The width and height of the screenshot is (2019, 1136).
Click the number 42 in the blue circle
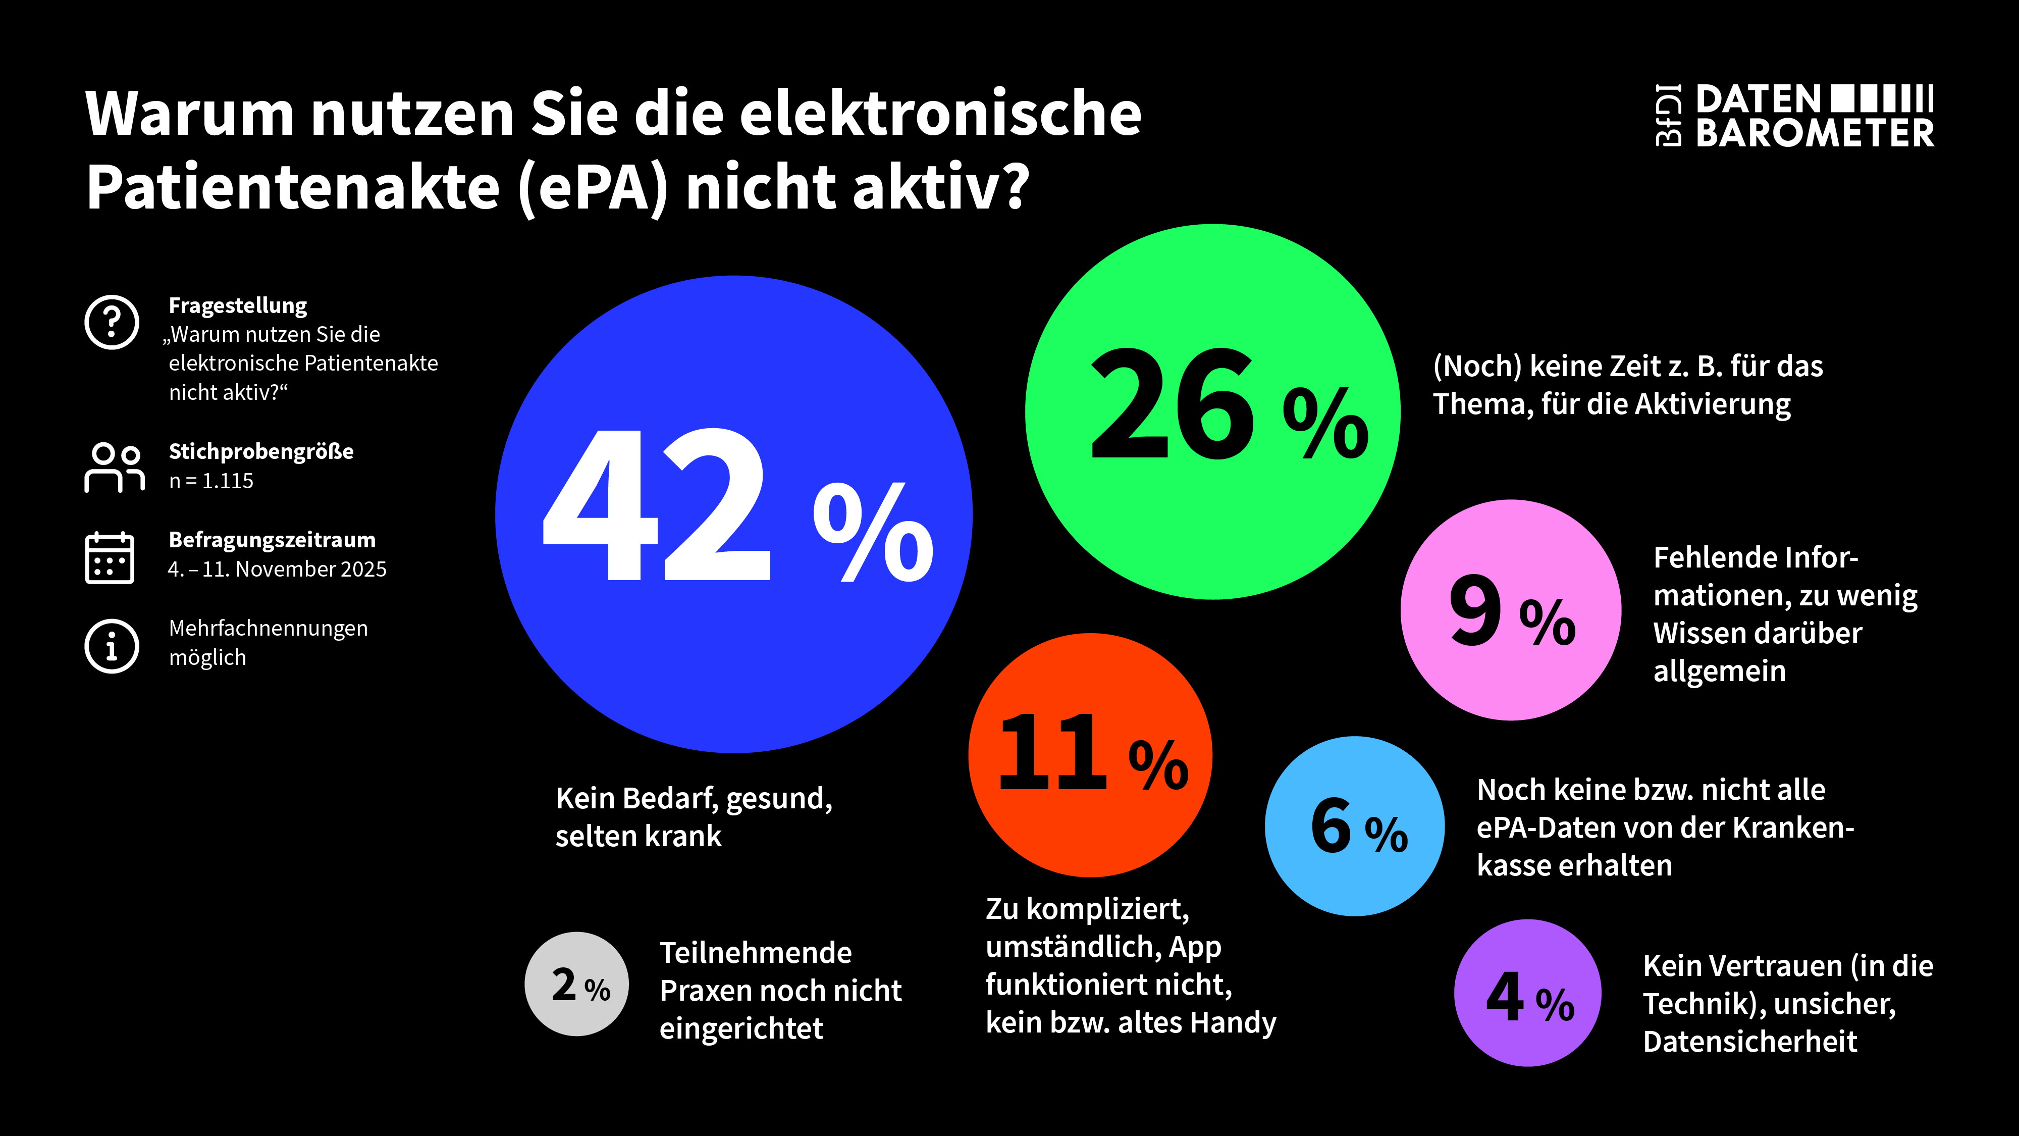tap(657, 506)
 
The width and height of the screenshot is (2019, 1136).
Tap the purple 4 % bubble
tap(1527, 993)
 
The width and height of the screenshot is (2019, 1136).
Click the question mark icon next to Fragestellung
tap(112, 322)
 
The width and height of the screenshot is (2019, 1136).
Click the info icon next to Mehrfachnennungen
tap(112, 646)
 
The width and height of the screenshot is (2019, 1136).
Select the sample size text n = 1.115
tap(211, 481)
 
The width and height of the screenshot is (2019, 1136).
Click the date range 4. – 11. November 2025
tap(278, 569)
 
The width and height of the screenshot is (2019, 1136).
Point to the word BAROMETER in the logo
tap(1815, 133)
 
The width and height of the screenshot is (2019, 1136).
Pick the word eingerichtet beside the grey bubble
tap(740, 1028)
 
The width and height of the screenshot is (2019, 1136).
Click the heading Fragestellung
tap(237, 305)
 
